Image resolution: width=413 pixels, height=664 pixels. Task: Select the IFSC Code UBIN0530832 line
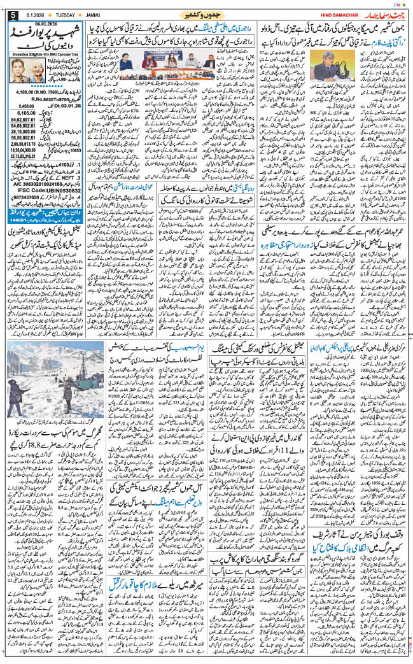(45, 190)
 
